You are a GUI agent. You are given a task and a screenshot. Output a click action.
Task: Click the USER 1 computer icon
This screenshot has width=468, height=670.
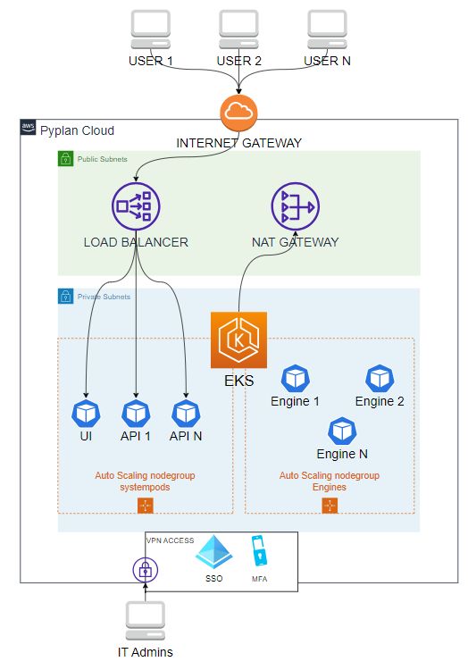click(149, 29)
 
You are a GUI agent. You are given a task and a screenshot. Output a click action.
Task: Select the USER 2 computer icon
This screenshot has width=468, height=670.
click(238, 29)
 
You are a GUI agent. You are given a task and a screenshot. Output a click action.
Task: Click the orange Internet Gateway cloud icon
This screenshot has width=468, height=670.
click(238, 113)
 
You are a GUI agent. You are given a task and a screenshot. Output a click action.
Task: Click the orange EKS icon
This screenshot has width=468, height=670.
click(238, 340)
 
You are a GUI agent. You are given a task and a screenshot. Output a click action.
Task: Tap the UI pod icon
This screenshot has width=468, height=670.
click(86, 414)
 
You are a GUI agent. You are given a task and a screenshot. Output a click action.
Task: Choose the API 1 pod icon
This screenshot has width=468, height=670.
click(136, 414)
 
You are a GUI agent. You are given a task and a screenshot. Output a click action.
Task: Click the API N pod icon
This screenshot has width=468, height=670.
click(185, 414)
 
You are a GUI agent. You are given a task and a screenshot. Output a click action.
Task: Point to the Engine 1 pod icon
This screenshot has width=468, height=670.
click(295, 377)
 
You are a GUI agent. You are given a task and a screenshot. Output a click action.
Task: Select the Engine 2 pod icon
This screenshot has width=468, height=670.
click(380, 377)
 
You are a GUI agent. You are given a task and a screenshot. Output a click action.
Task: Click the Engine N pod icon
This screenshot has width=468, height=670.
click(342, 431)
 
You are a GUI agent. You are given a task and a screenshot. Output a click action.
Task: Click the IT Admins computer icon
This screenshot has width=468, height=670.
click(146, 617)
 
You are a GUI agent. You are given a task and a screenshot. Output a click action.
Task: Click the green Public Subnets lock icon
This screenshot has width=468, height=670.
click(65, 159)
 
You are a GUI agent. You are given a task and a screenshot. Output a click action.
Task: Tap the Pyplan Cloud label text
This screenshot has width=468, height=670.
click(77, 130)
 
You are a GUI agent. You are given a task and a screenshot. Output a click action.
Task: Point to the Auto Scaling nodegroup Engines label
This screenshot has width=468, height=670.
click(329, 482)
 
